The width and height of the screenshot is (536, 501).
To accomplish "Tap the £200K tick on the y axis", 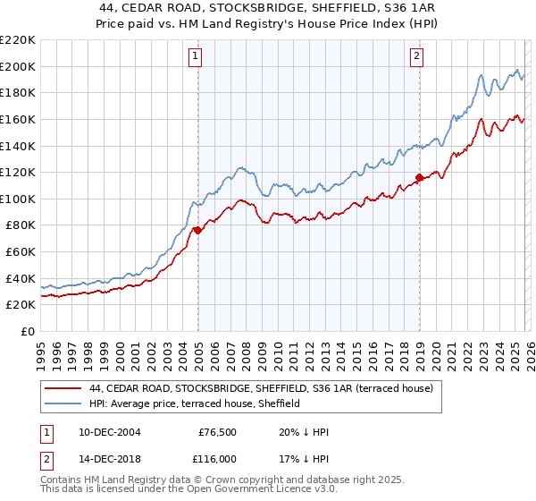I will pyautogui.click(x=18, y=66).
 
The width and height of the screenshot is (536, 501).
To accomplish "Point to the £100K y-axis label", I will pyautogui.click(x=18, y=199).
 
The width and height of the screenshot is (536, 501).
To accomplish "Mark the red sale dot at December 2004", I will pyautogui.click(x=197, y=230).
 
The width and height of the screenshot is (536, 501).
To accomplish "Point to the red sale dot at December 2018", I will pyautogui.click(x=419, y=177).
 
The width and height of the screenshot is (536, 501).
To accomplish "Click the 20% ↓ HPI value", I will pyautogui.click(x=304, y=432).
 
